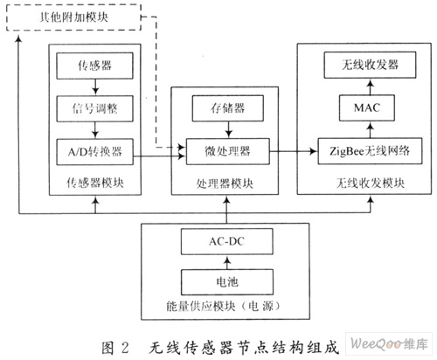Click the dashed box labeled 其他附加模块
(x=73, y=17)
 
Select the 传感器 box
(x=94, y=66)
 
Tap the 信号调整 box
(x=94, y=108)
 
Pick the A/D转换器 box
(x=94, y=152)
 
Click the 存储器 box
(x=228, y=108)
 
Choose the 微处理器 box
(x=228, y=151)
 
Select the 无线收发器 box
(x=370, y=65)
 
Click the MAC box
(x=367, y=107)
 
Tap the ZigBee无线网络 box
(x=370, y=151)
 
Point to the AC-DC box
(x=227, y=241)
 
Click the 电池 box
(x=227, y=282)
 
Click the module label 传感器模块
(x=95, y=183)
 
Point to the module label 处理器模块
(x=225, y=183)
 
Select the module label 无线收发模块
(x=371, y=183)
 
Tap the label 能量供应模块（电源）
(x=224, y=306)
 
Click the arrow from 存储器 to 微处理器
(x=228, y=129)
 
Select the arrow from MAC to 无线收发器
(x=370, y=87)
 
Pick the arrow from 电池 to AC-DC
(x=227, y=262)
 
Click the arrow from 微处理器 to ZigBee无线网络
(x=294, y=151)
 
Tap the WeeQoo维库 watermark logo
(x=389, y=343)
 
